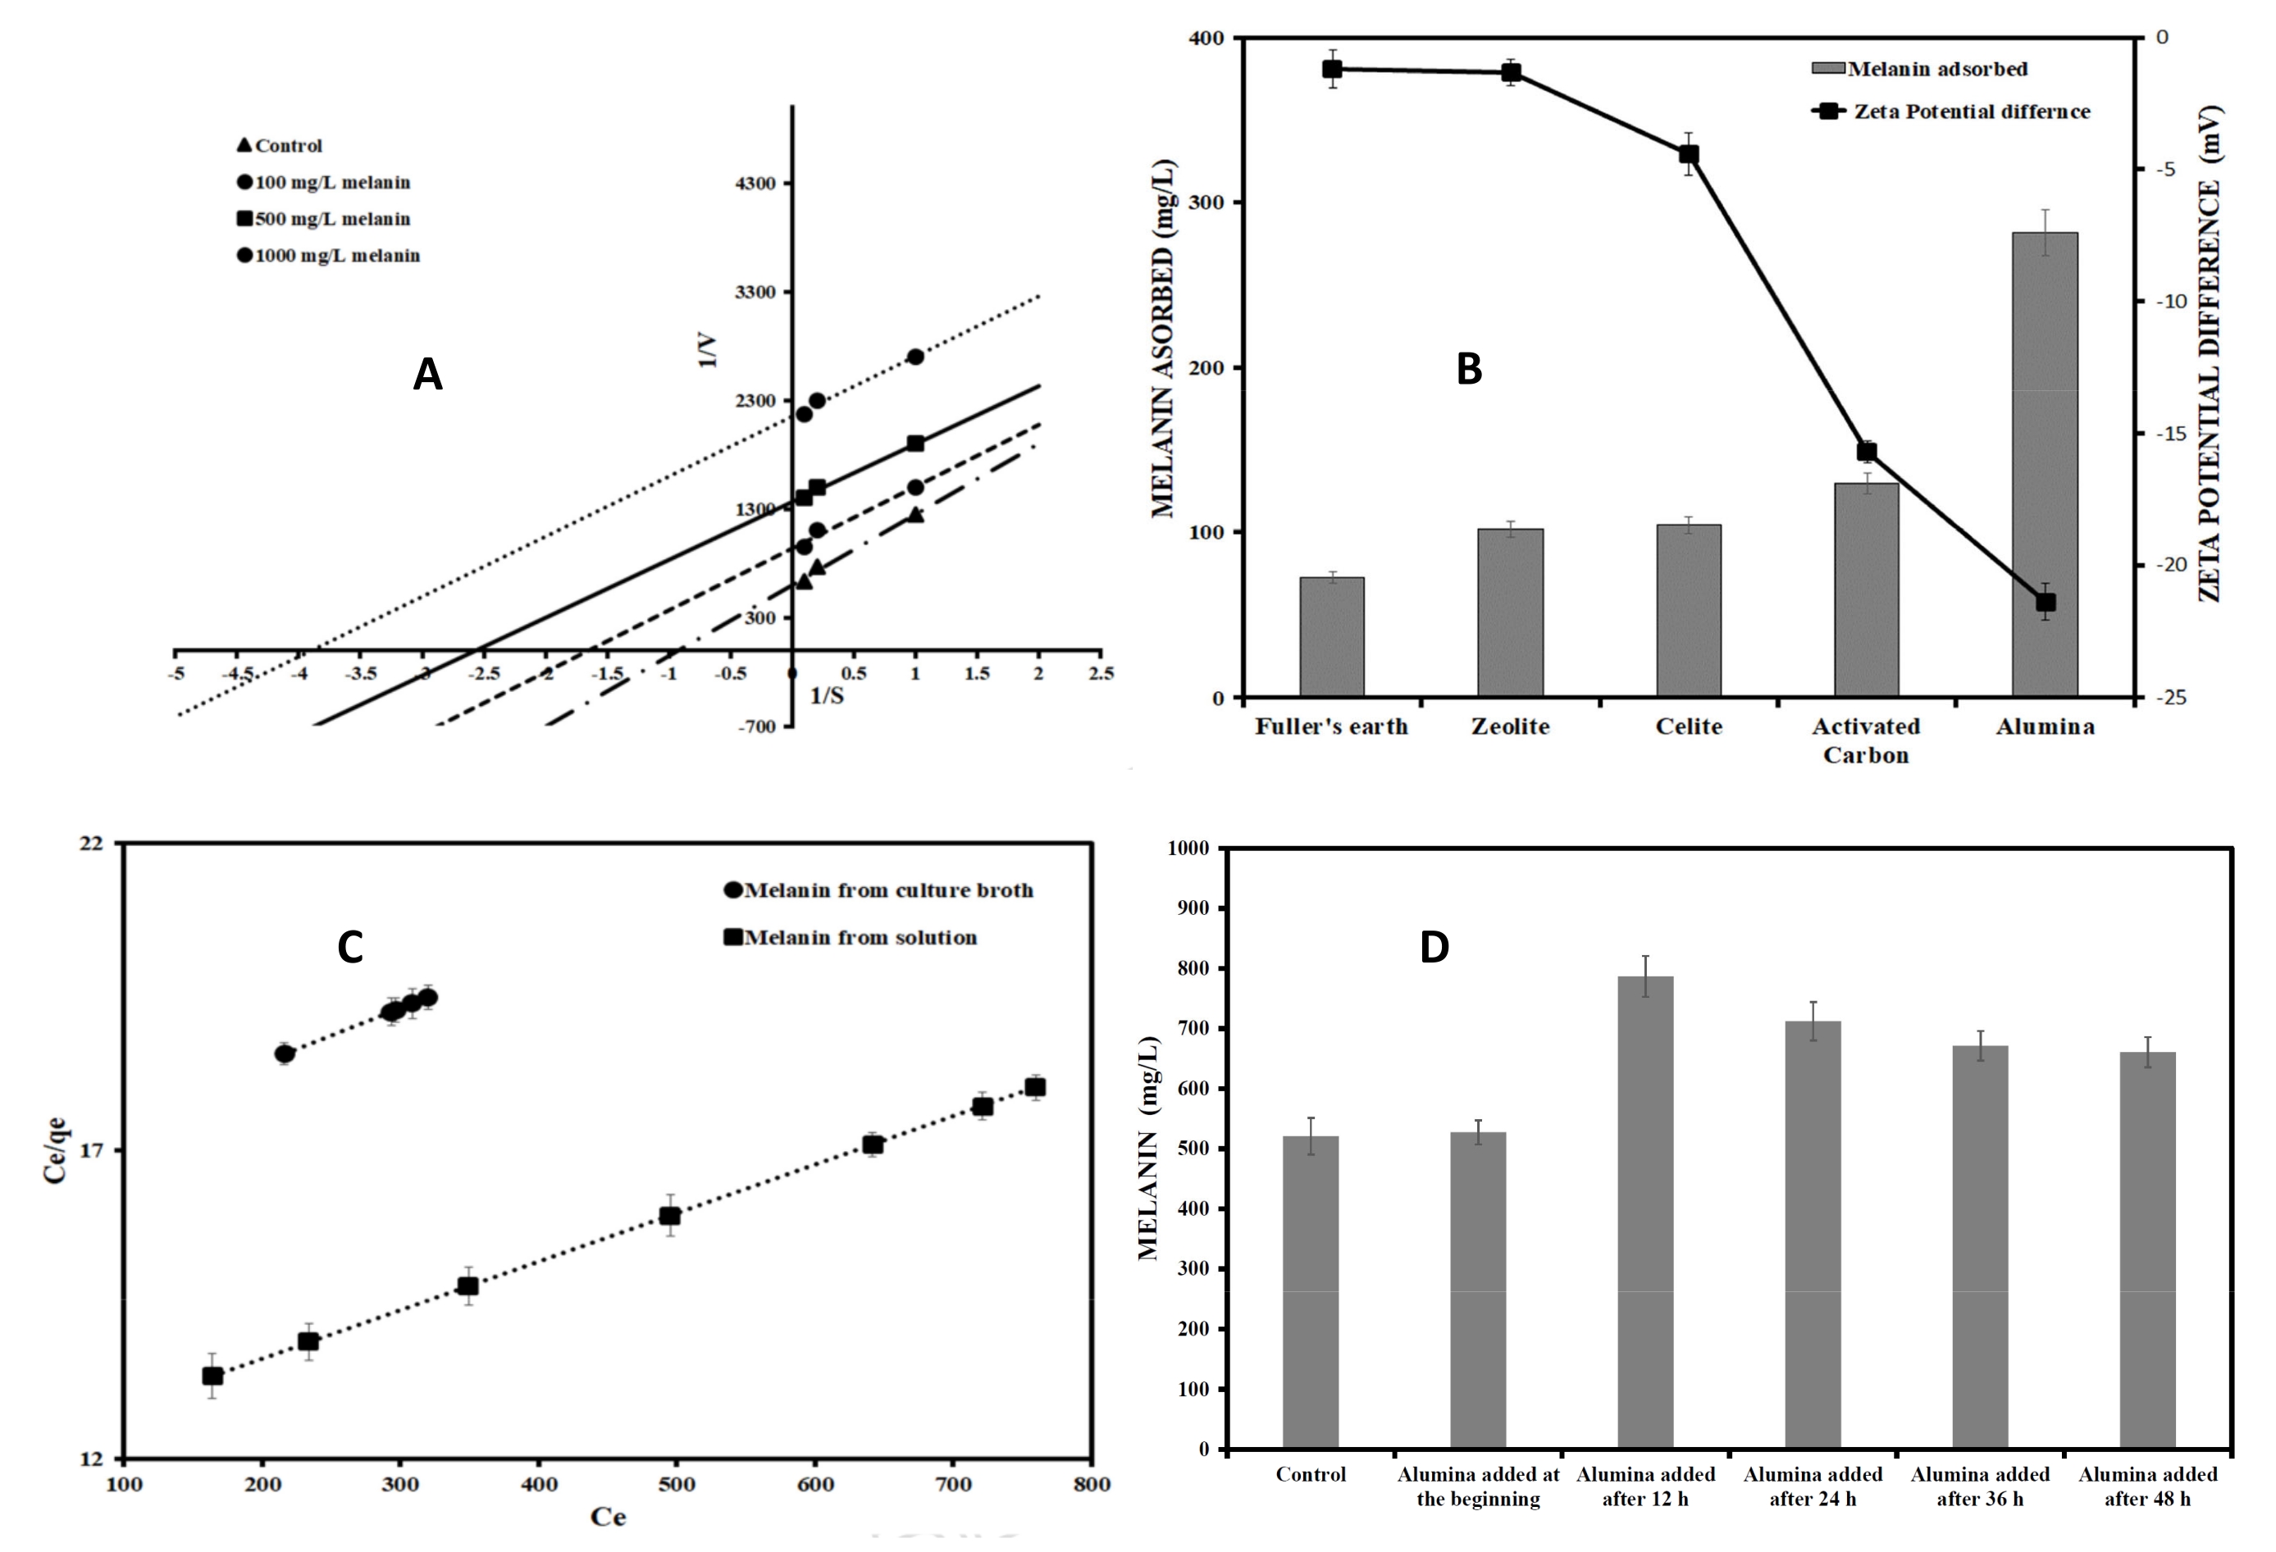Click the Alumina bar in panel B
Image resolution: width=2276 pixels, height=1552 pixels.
click(x=2044, y=465)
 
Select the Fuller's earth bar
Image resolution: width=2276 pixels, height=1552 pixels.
click(x=1331, y=638)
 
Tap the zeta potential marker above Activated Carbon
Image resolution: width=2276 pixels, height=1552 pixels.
click(x=1866, y=452)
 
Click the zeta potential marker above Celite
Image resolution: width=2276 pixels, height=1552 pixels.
click(x=1689, y=155)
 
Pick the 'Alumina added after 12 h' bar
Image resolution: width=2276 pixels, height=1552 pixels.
click(x=1645, y=1213)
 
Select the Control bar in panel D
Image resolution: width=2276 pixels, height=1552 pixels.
click(x=1311, y=1293)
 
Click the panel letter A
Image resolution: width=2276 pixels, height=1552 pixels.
click(x=427, y=374)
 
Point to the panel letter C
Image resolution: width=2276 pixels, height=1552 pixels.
click(x=349, y=947)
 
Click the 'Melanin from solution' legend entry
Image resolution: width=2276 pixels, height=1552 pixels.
click(x=850, y=938)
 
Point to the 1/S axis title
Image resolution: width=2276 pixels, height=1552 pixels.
click(x=827, y=695)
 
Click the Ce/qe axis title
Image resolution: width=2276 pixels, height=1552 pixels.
click(x=56, y=1149)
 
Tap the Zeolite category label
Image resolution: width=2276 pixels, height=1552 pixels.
click(x=1510, y=726)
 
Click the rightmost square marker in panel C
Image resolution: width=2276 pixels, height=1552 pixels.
click(x=1034, y=1087)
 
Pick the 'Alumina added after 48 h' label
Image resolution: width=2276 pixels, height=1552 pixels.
click(x=2148, y=1486)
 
